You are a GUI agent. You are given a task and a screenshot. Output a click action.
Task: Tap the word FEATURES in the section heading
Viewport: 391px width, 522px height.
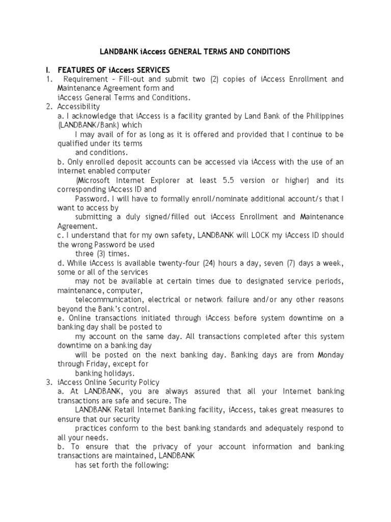76,70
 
